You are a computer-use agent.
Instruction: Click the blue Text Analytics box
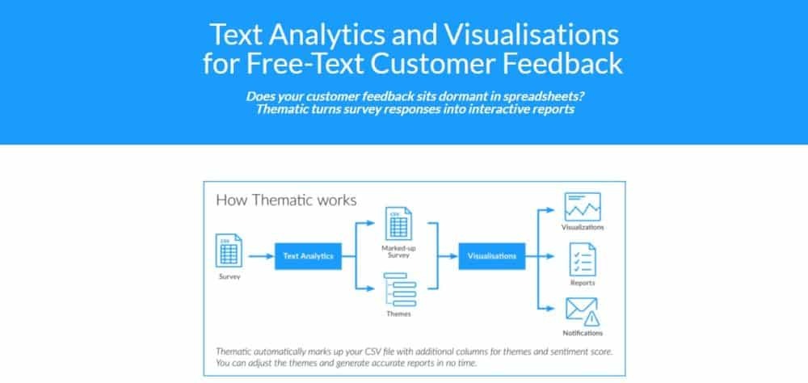(308, 256)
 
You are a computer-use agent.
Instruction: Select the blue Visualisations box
(491, 256)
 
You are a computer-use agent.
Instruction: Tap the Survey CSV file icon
(229, 250)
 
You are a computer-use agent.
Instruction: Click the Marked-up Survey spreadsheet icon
(398, 223)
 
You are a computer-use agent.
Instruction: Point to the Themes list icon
(400, 290)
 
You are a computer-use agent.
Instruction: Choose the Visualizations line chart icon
(583, 207)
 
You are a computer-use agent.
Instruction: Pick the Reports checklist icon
(583, 259)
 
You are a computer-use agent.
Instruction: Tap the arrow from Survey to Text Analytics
(261, 256)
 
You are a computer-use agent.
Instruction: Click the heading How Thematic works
(286, 200)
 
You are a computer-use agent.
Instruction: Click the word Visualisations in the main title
(532, 35)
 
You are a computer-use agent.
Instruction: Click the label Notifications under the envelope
(583, 333)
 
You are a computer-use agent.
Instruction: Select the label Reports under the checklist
(583, 283)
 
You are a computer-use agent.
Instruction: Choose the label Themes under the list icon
(399, 314)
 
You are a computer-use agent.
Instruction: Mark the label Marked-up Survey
(399, 251)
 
